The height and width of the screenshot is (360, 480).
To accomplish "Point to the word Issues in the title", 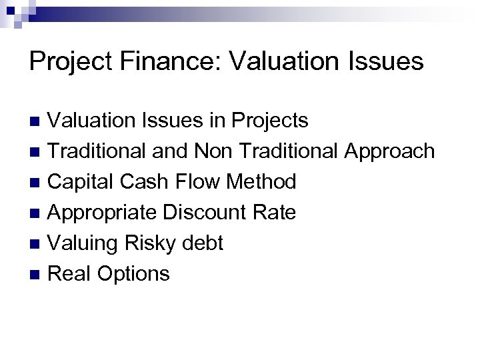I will pyautogui.click(x=389, y=61).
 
